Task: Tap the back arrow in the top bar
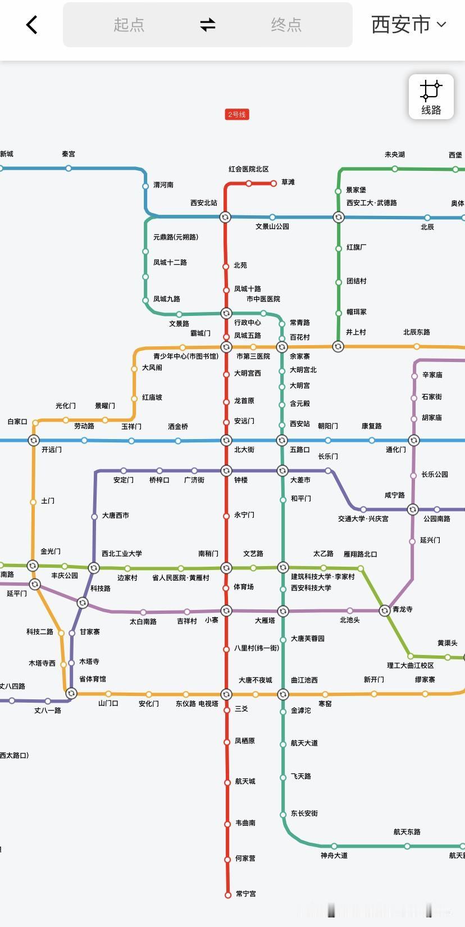click(x=32, y=25)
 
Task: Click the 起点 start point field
click(x=129, y=25)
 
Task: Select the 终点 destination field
click(x=286, y=25)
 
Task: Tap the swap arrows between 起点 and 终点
click(x=208, y=25)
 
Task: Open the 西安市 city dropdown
click(x=408, y=25)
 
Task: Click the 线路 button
click(x=431, y=97)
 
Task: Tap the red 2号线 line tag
click(x=236, y=115)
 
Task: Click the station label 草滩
click(x=288, y=182)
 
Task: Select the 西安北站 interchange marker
click(x=225, y=217)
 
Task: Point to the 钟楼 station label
click(x=241, y=480)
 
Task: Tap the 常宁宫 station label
click(x=245, y=894)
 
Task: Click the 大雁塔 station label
click(x=265, y=621)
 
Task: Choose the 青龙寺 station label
click(x=403, y=609)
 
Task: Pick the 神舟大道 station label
click(x=334, y=856)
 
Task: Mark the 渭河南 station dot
click(x=145, y=186)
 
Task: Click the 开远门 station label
click(x=52, y=450)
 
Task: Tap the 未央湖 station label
click(x=394, y=155)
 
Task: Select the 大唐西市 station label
click(x=116, y=515)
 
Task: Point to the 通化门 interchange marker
click(x=414, y=440)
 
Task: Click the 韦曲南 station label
click(x=245, y=823)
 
